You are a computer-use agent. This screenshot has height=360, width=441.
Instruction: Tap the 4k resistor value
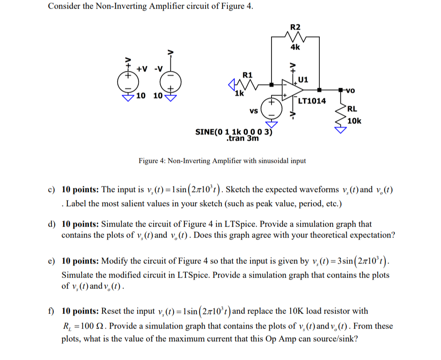295,46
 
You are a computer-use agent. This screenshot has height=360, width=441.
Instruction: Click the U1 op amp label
303,80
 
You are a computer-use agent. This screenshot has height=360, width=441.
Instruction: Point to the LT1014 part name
312,101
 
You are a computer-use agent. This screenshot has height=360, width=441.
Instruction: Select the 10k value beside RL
354,121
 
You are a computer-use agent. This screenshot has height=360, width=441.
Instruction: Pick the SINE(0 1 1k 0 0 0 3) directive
233,132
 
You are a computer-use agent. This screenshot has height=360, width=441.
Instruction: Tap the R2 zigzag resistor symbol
295,36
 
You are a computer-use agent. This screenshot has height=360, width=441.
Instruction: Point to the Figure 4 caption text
222,161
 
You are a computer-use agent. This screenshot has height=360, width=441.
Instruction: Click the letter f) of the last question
52,312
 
